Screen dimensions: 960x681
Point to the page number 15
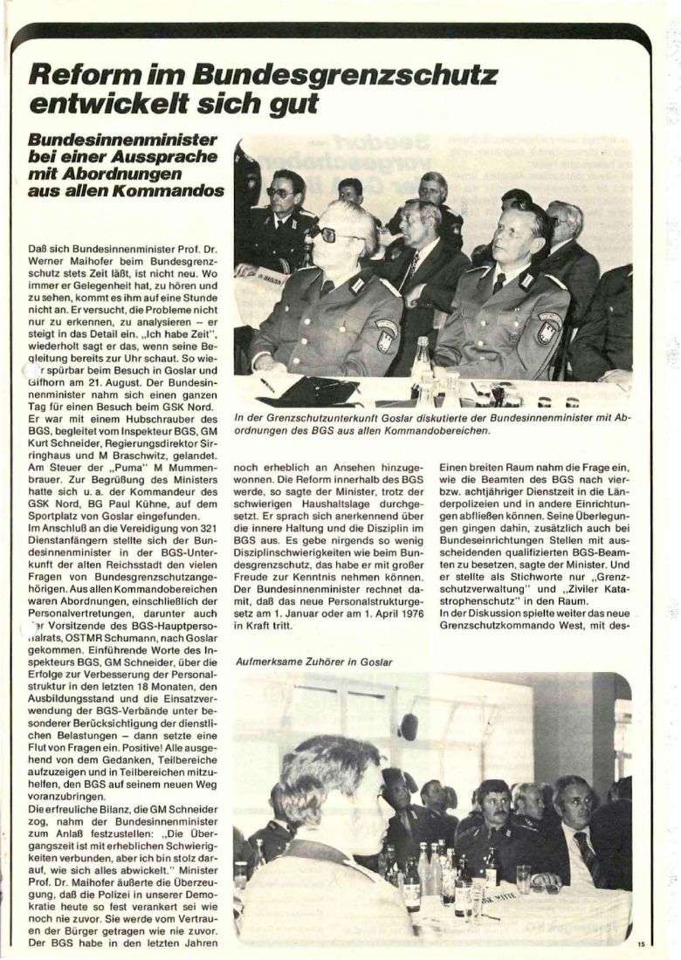pyautogui.click(x=640, y=942)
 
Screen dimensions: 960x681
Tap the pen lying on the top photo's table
pyautogui.click(x=265, y=384)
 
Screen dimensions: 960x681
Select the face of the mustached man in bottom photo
pyautogui.click(x=491, y=808)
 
